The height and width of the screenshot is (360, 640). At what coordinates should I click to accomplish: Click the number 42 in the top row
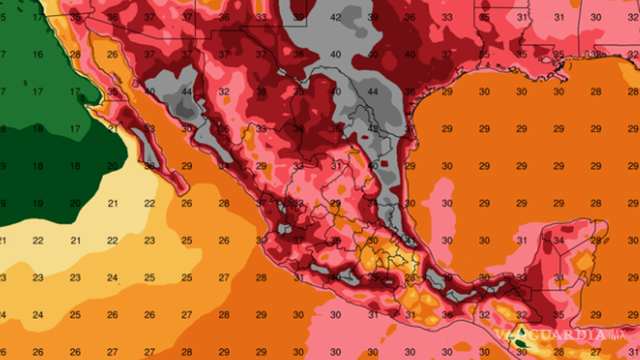point(336,17)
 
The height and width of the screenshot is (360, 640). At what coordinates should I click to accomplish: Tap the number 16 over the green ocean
point(38,54)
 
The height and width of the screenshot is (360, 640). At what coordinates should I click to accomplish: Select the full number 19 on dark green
point(38,203)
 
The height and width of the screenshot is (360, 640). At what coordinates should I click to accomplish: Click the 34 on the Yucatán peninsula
point(559,241)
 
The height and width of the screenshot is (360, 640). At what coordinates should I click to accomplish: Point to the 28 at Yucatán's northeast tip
point(596,241)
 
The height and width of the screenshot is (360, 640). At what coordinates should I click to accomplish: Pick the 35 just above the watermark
point(559,315)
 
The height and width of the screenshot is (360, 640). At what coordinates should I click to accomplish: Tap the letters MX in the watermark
point(617,334)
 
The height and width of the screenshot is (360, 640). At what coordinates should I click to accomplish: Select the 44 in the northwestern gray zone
point(187,92)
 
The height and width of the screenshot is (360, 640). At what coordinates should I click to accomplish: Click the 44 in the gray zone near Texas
point(373,92)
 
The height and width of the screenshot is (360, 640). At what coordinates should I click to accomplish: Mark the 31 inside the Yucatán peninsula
point(559,278)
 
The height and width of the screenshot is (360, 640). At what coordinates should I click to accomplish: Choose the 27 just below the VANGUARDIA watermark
point(596,352)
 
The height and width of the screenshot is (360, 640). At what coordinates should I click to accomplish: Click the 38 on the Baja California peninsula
point(149,166)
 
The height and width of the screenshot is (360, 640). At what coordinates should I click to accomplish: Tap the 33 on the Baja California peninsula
point(149,129)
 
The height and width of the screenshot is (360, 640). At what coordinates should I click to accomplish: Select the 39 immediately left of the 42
point(298,17)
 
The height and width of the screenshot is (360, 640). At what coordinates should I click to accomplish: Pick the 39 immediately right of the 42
point(373,17)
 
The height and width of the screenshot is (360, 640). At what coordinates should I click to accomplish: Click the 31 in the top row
point(522,17)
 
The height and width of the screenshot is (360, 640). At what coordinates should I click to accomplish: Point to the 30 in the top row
point(596,17)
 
